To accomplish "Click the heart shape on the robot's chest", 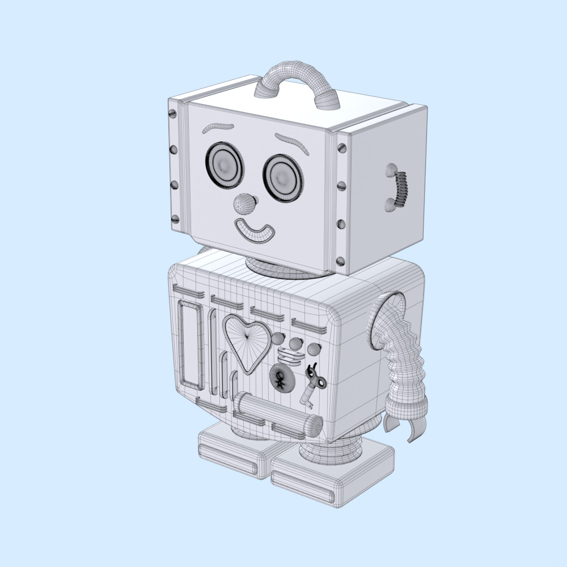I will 246,340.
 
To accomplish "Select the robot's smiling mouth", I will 254,231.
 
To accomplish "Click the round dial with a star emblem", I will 281,376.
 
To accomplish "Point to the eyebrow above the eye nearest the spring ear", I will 292,142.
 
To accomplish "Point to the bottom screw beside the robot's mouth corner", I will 340,261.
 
